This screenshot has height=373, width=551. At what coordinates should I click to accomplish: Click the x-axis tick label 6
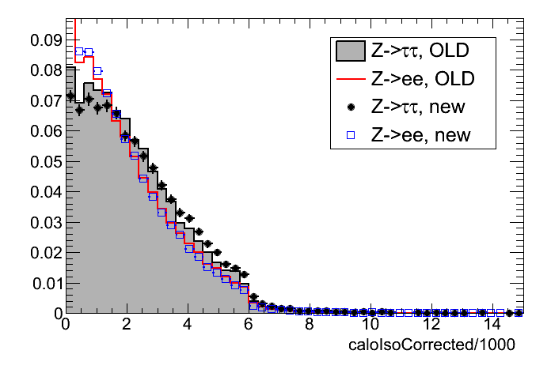pos(248,325)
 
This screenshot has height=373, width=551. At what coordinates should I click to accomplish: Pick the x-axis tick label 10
pos(370,325)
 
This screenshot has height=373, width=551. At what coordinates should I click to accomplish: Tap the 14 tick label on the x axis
pos(492,325)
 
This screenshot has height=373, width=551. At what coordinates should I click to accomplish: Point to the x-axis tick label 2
pos(127,325)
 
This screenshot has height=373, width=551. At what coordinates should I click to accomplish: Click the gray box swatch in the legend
pos(348,51)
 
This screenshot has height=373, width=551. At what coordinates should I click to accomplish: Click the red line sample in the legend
pos(348,79)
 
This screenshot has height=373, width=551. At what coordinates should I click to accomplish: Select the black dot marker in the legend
pos(348,107)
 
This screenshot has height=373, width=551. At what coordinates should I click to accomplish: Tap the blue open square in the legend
pos(348,134)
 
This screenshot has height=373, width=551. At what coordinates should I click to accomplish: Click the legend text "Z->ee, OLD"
pos(420,79)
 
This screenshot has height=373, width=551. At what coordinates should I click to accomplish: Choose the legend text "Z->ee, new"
pos(420,134)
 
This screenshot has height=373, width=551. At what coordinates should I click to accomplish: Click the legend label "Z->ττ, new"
pos(420,107)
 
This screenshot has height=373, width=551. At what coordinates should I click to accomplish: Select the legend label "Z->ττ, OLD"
pos(420,51)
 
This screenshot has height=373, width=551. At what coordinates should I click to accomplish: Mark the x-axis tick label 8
pos(309,325)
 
